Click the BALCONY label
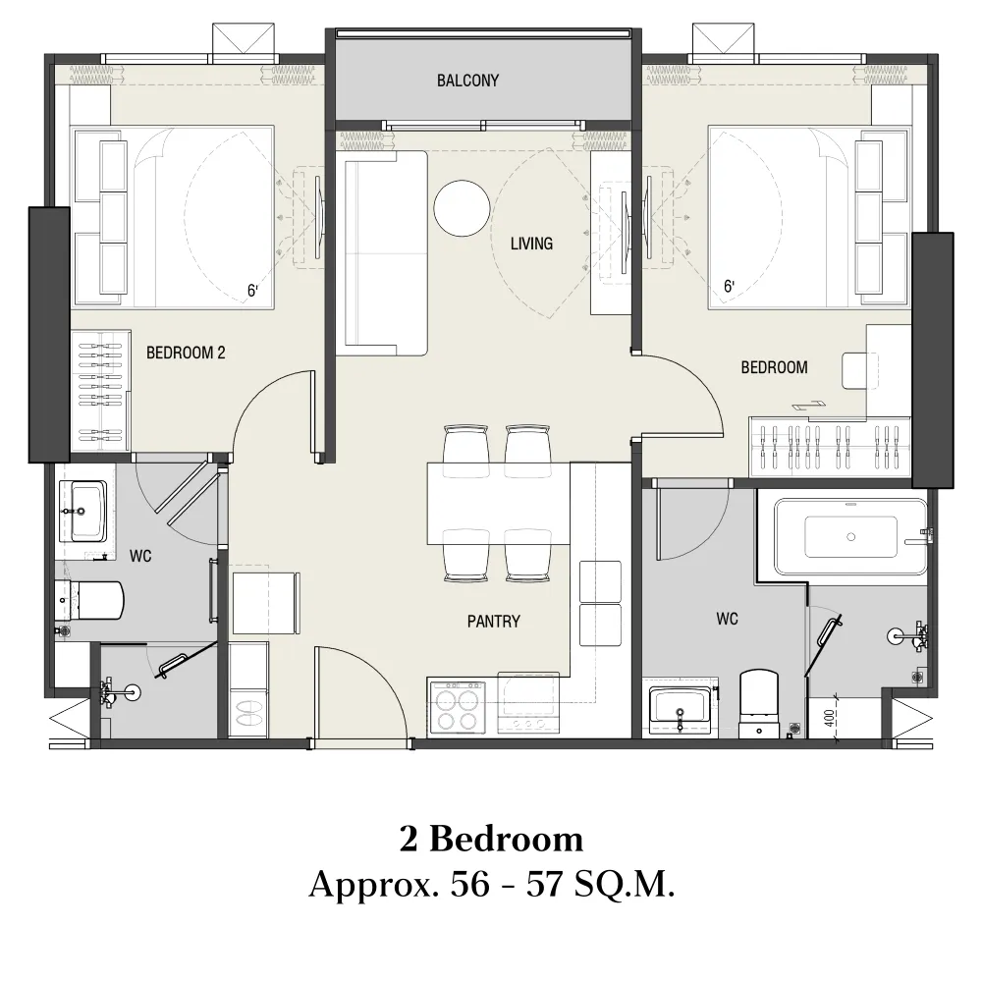click(x=467, y=81)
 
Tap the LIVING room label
click(x=531, y=244)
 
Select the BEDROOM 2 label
click(x=186, y=354)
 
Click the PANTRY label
click(x=494, y=622)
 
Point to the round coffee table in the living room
click(x=463, y=208)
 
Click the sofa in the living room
click(x=382, y=253)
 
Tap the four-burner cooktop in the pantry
click(x=458, y=706)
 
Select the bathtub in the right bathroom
click(x=850, y=537)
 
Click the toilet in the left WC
click(x=90, y=599)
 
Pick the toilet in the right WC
click(x=759, y=703)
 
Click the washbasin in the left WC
click(x=83, y=511)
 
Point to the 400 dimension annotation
click(x=829, y=717)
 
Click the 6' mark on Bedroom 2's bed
click(x=252, y=291)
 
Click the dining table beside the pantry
click(x=499, y=504)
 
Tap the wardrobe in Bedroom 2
click(x=100, y=391)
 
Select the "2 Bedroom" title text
click(x=492, y=840)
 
